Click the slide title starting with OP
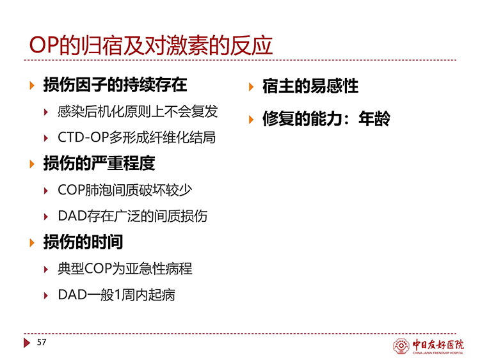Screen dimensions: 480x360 150,45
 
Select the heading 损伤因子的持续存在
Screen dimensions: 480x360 115,84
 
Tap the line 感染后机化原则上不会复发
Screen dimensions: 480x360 138,111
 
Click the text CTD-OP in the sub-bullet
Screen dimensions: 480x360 83,137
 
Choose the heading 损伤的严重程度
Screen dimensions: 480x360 99,163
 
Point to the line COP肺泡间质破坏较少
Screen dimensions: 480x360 125,190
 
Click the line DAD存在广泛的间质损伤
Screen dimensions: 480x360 132,216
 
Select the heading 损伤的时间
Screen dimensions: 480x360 83,242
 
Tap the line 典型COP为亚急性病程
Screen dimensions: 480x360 125,269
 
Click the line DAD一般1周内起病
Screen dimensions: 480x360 116,295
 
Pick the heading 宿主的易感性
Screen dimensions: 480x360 310,86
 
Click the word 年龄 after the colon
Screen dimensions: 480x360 374,119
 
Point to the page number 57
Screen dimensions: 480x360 42,342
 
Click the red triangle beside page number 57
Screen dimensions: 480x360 27,343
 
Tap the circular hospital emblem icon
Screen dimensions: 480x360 401,346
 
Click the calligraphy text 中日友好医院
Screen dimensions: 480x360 438,345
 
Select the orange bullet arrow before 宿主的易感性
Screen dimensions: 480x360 252,87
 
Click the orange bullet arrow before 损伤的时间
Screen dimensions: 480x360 32,243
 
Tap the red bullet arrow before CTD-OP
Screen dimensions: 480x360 46,138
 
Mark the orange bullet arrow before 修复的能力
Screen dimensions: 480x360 252,120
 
